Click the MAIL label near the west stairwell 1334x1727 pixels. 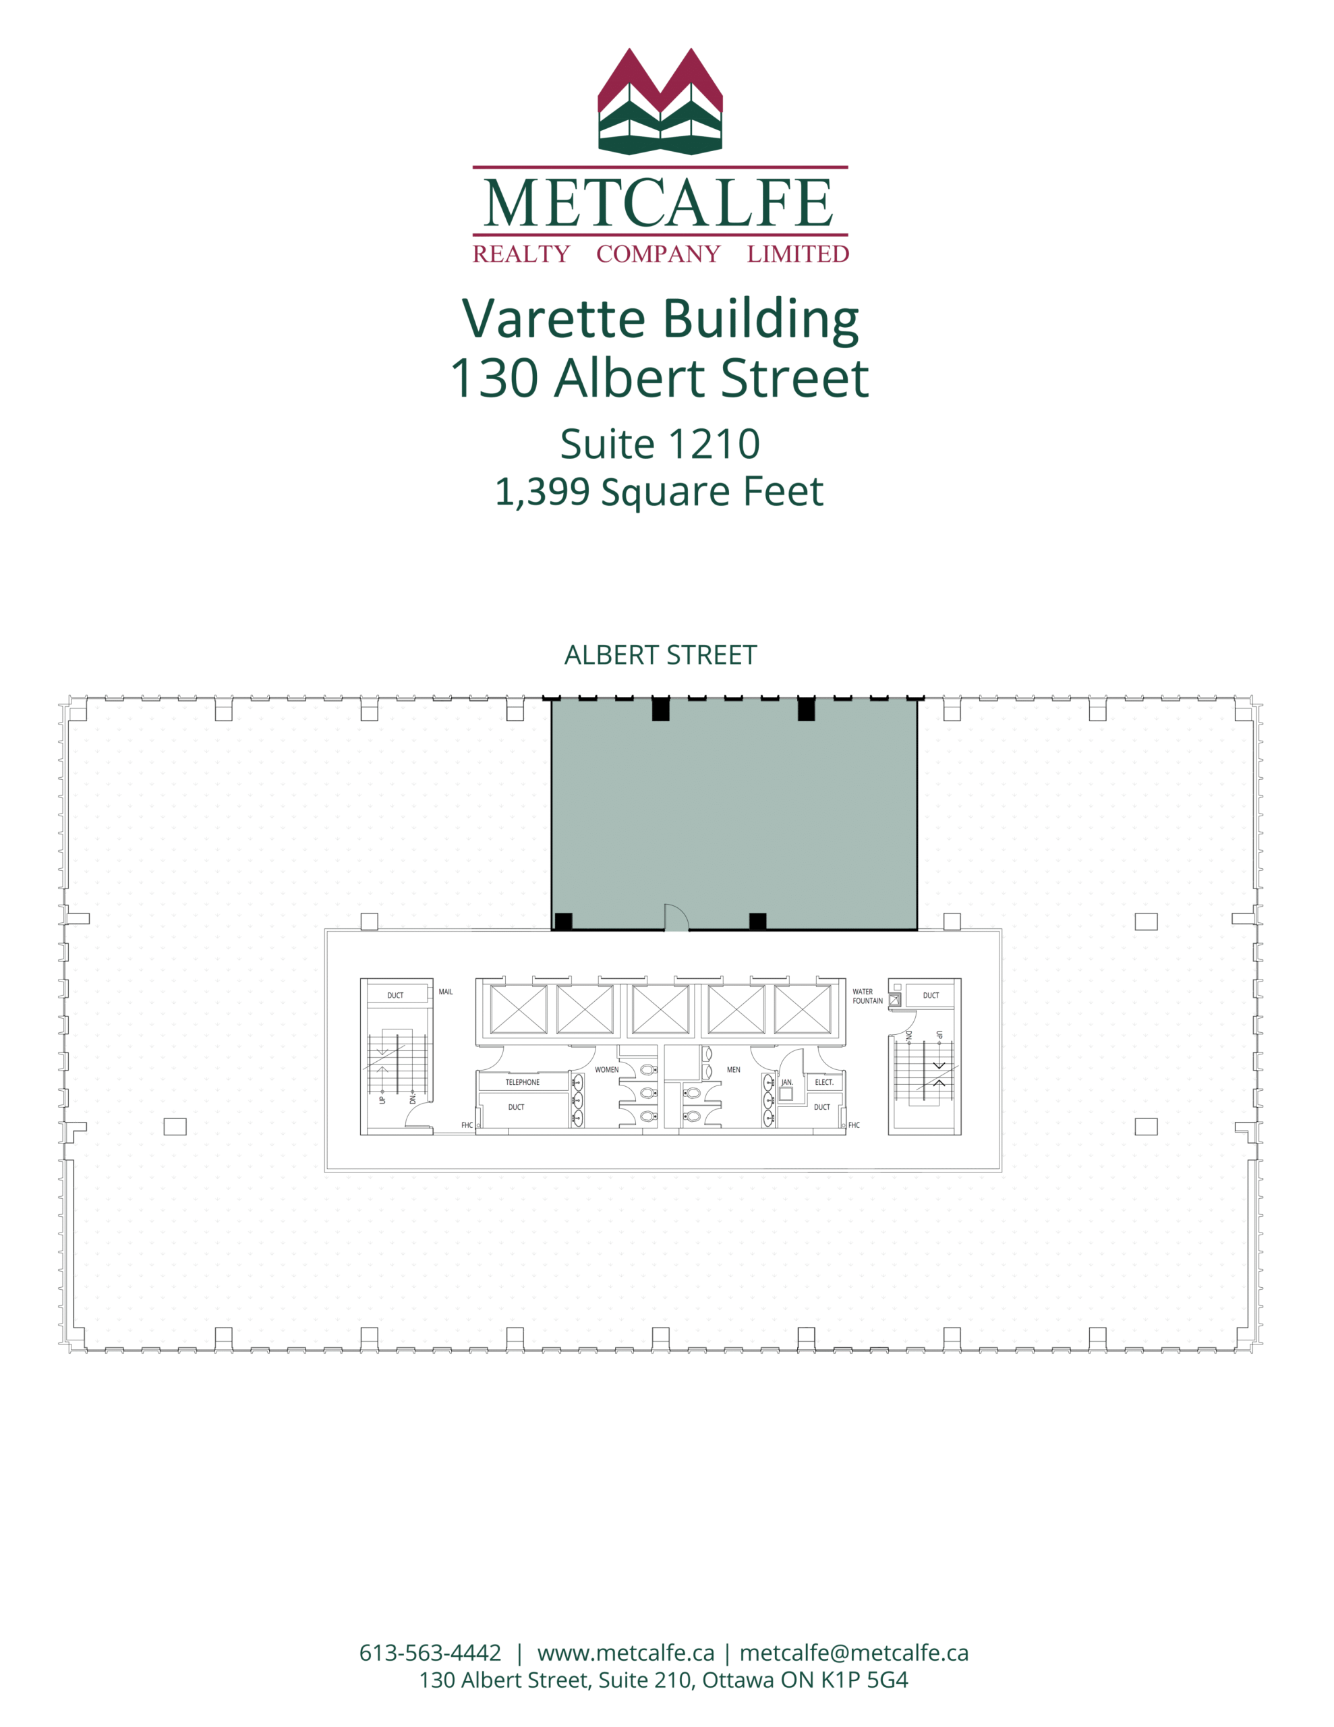point(446,992)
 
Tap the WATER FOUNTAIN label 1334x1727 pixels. point(867,996)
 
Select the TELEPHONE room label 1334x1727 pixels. point(523,1083)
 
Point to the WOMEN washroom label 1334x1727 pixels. point(606,1070)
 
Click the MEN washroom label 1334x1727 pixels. point(734,1070)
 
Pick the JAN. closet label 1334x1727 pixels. point(787,1083)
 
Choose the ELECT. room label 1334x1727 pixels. point(824,1083)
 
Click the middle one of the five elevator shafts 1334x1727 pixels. point(660,1010)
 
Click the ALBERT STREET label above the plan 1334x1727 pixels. point(660,656)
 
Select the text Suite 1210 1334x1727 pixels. point(660,444)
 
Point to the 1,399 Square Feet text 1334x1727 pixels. point(660,492)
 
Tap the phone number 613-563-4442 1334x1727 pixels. point(430,1653)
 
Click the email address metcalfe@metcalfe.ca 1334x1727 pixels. point(854,1653)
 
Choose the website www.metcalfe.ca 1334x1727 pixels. point(625,1653)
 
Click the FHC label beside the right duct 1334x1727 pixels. point(854,1125)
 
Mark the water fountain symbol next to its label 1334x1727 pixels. point(894,1000)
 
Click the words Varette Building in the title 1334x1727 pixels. point(660,318)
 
